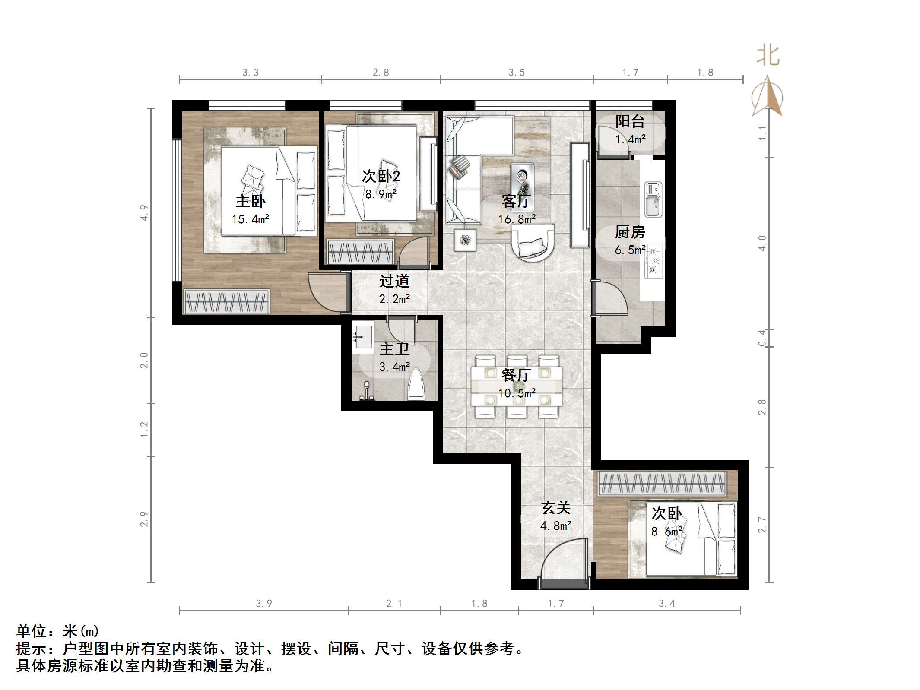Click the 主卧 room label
250,201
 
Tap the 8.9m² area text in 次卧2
381,194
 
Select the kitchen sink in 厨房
653,199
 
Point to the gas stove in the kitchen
653,261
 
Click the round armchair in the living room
533,243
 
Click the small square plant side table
465,240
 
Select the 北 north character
768,56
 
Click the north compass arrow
767,97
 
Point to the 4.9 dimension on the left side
144,213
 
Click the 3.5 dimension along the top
516,73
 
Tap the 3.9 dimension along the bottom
263,604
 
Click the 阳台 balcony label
630,121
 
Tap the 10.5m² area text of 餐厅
517,393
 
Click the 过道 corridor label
394,282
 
